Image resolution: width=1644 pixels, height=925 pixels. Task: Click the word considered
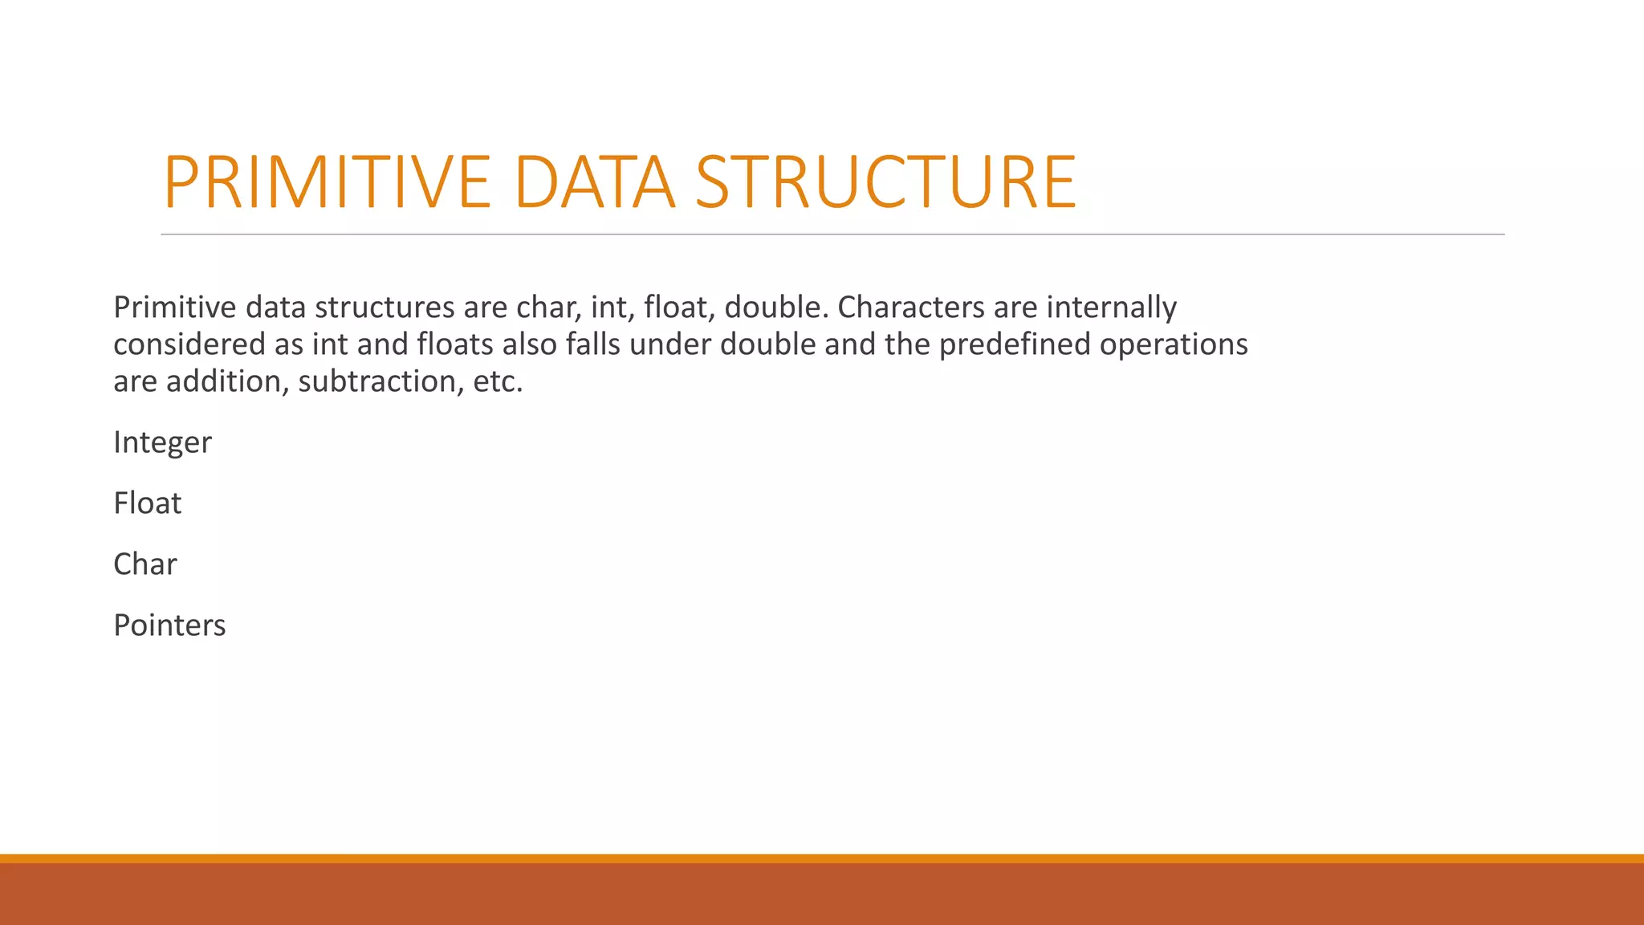coord(189,344)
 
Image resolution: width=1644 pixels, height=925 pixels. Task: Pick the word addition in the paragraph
coord(227,381)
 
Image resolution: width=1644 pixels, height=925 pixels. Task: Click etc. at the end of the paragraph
coord(498,381)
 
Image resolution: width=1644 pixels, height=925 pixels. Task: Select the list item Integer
coord(162,442)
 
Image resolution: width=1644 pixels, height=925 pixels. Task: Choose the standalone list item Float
coord(148,503)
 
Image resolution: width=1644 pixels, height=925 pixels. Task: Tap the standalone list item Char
coord(145,564)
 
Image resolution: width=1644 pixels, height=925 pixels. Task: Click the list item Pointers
coord(169,625)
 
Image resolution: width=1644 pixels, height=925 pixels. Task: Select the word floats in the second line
coord(455,344)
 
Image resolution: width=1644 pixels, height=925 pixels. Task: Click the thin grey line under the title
coord(832,234)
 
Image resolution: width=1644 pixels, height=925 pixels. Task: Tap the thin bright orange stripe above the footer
coord(822,858)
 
